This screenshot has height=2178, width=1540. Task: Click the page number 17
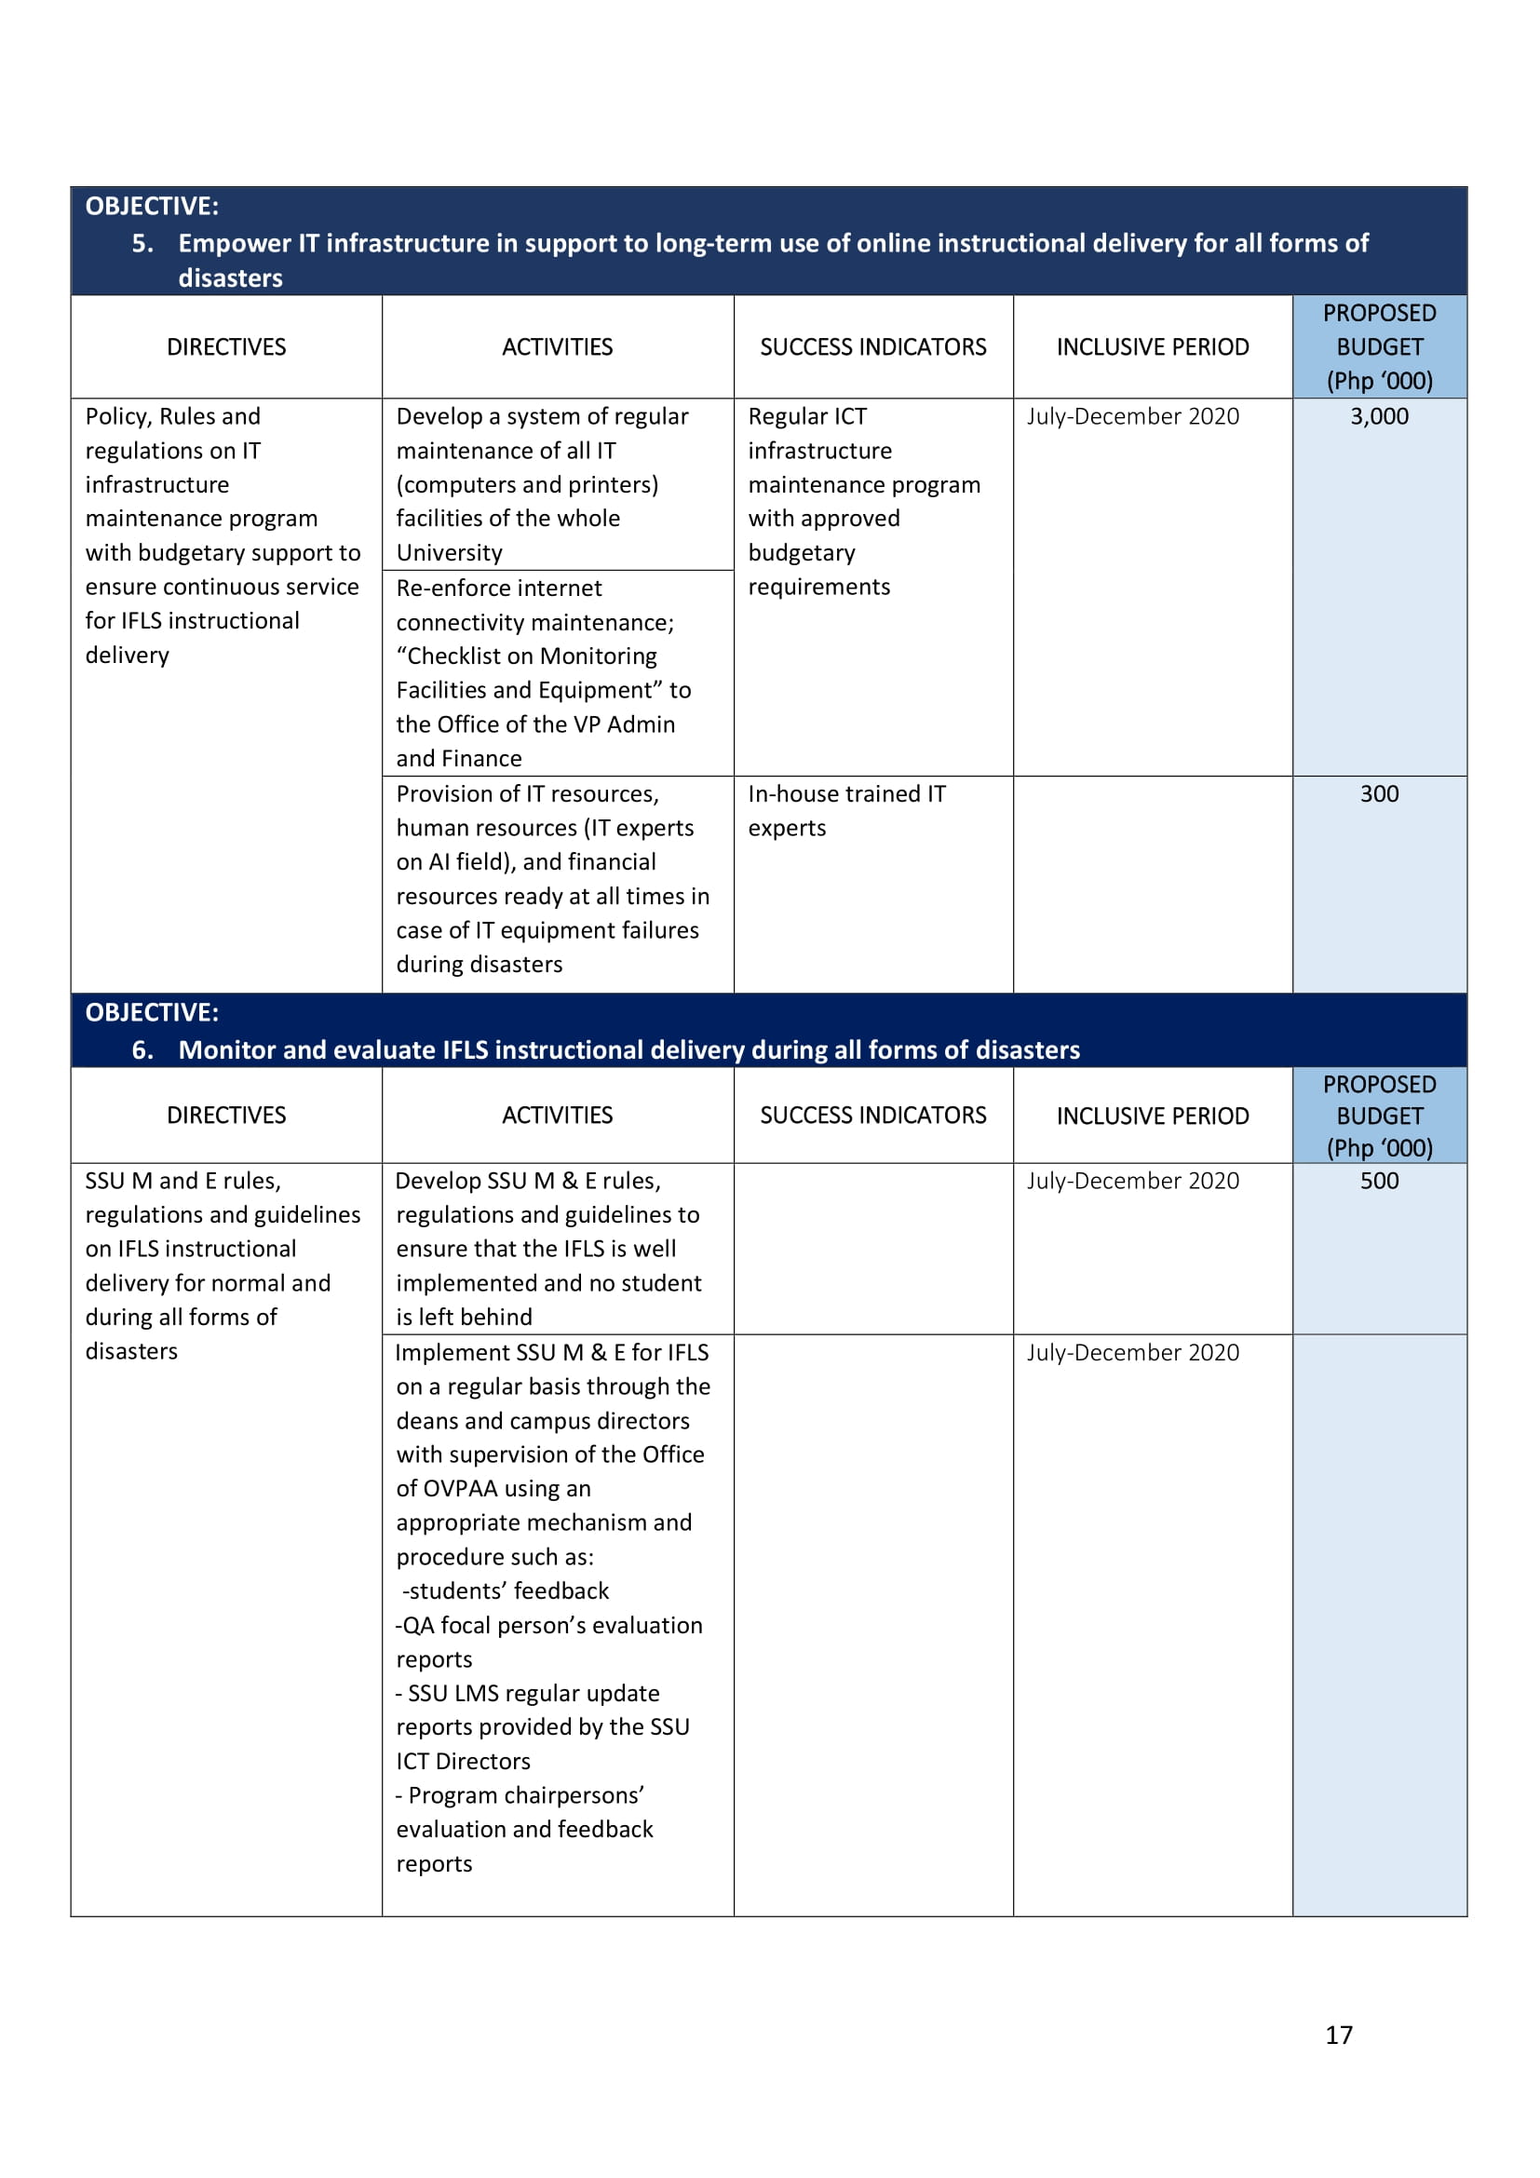pyautogui.click(x=1338, y=2035)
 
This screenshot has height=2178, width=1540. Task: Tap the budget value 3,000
pyautogui.click(x=1379, y=416)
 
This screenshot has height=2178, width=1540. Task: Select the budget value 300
pyautogui.click(x=1379, y=794)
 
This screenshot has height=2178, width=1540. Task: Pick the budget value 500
pyautogui.click(x=1379, y=1181)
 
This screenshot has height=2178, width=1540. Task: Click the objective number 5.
pyautogui.click(x=142, y=244)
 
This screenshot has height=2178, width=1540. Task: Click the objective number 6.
pyautogui.click(x=142, y=1050)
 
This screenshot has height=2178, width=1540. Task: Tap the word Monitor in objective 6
pyautogui.click(x=227, y=1050)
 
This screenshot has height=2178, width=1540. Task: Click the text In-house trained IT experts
pyautogui.click(x=845, y=810)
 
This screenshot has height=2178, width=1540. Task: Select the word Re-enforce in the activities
pyautogui.click(x=447, y=588)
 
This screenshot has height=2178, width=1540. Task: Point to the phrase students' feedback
pyautogui.click(x=508, y=1590)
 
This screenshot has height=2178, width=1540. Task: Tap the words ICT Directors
pyautogui.click(x=463, y=1762)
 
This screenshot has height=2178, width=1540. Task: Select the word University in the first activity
pyautogui.click(x=449, y=553)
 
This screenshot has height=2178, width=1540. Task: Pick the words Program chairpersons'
pyautogui.click(x=525, y=1795)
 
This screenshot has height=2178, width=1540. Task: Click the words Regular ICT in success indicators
pyautogui.click(x=807, y=416)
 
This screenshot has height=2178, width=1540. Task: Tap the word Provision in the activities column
pyautogui.click(x=443, y=794)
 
